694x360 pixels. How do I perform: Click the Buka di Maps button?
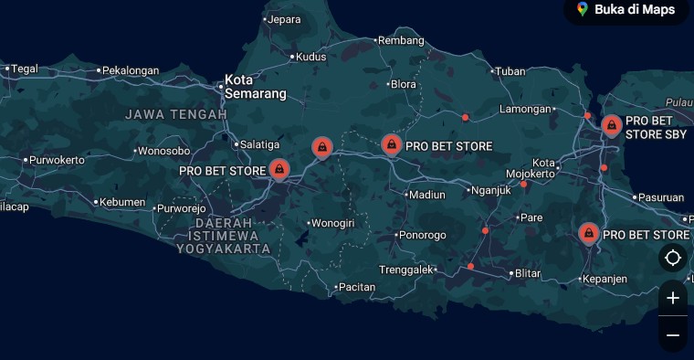626,10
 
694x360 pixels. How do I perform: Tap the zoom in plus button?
673,298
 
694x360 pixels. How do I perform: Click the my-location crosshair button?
673,258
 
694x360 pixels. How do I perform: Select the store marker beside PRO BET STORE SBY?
611,125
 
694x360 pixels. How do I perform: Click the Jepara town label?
284,18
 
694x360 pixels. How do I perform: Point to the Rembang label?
401,40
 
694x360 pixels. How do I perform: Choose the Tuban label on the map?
511,70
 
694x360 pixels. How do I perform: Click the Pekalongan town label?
131,69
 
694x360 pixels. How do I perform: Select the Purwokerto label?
57,160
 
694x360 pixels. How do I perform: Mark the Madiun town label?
427,194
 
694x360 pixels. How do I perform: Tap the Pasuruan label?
661,196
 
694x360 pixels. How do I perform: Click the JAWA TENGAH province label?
176,114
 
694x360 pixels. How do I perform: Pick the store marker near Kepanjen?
588,233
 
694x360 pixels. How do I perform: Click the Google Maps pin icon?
583,9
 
